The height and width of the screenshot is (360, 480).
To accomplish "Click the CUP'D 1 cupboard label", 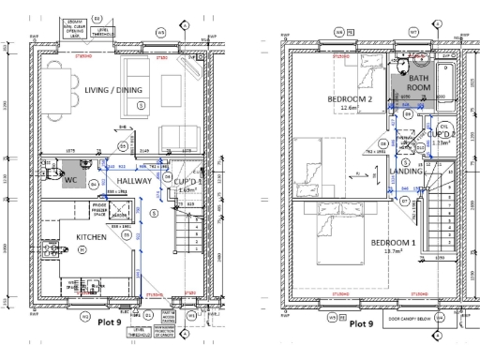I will coord(188,183).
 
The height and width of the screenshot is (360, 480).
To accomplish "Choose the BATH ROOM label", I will coord(418,81).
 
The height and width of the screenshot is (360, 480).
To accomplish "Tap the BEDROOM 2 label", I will coord(351,99).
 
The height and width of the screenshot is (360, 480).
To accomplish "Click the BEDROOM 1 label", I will coord(395,243).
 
